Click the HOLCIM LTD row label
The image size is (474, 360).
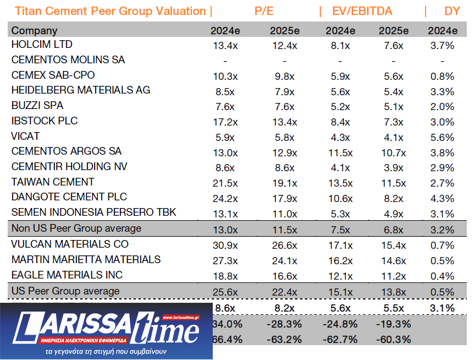tap(42, 45)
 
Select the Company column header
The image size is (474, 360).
tap(34, 31)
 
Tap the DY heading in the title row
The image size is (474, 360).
tap(452, 12)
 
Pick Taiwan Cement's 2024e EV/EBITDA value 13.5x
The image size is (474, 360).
tap(340, 183)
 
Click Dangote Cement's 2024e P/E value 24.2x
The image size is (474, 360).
tap(224, 198)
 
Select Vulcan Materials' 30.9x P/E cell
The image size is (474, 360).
tap(224, 245)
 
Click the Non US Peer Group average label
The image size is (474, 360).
tap(76, 228)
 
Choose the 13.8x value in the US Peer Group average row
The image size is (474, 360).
tap(394, 292)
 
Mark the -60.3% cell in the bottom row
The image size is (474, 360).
tap(394, 340)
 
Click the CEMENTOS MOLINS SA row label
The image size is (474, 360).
tap(68, 59)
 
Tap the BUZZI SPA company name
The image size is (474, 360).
tap(37, 106)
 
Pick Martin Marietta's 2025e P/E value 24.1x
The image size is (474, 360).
tap(284, 260)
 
